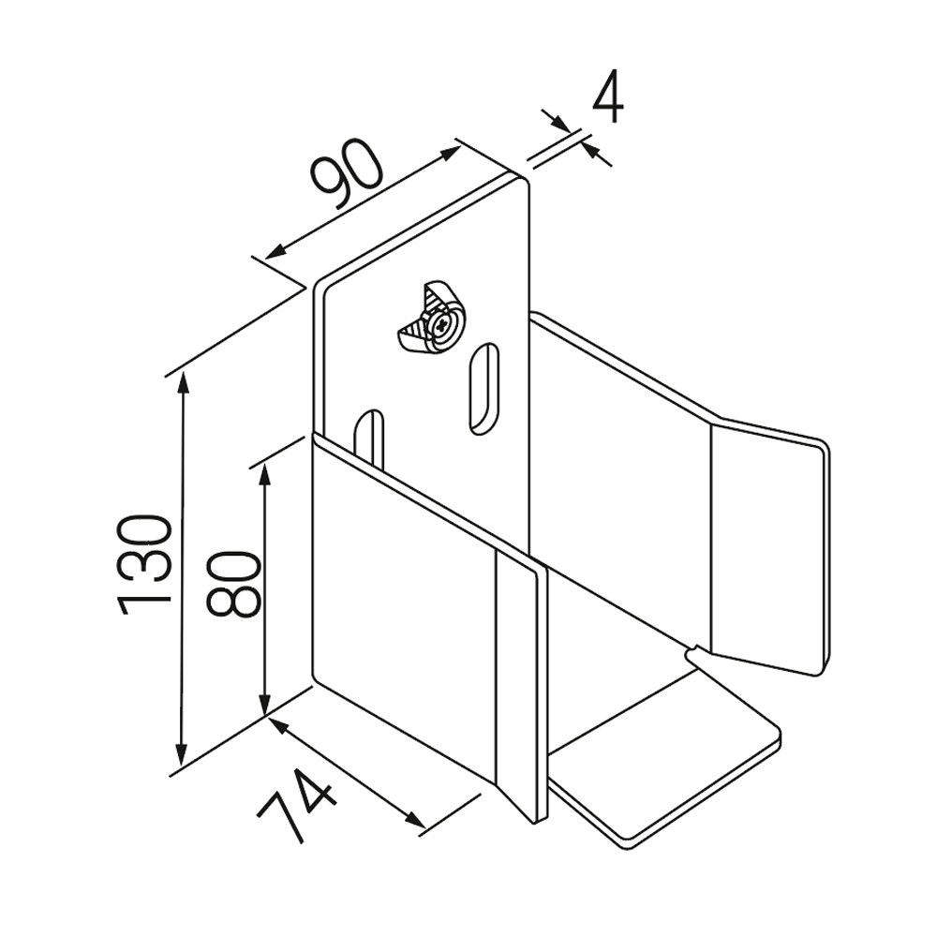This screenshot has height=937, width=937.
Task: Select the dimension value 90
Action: pos(346,174)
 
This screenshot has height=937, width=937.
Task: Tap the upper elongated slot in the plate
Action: pos(484,389)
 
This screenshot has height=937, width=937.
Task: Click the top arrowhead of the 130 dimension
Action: pos(184,382)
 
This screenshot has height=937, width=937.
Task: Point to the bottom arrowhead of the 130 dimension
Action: pos(183,754)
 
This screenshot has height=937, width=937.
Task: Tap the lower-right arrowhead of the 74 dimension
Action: pos(415,821)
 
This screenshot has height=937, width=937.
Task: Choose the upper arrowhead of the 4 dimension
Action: pos(560,122)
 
